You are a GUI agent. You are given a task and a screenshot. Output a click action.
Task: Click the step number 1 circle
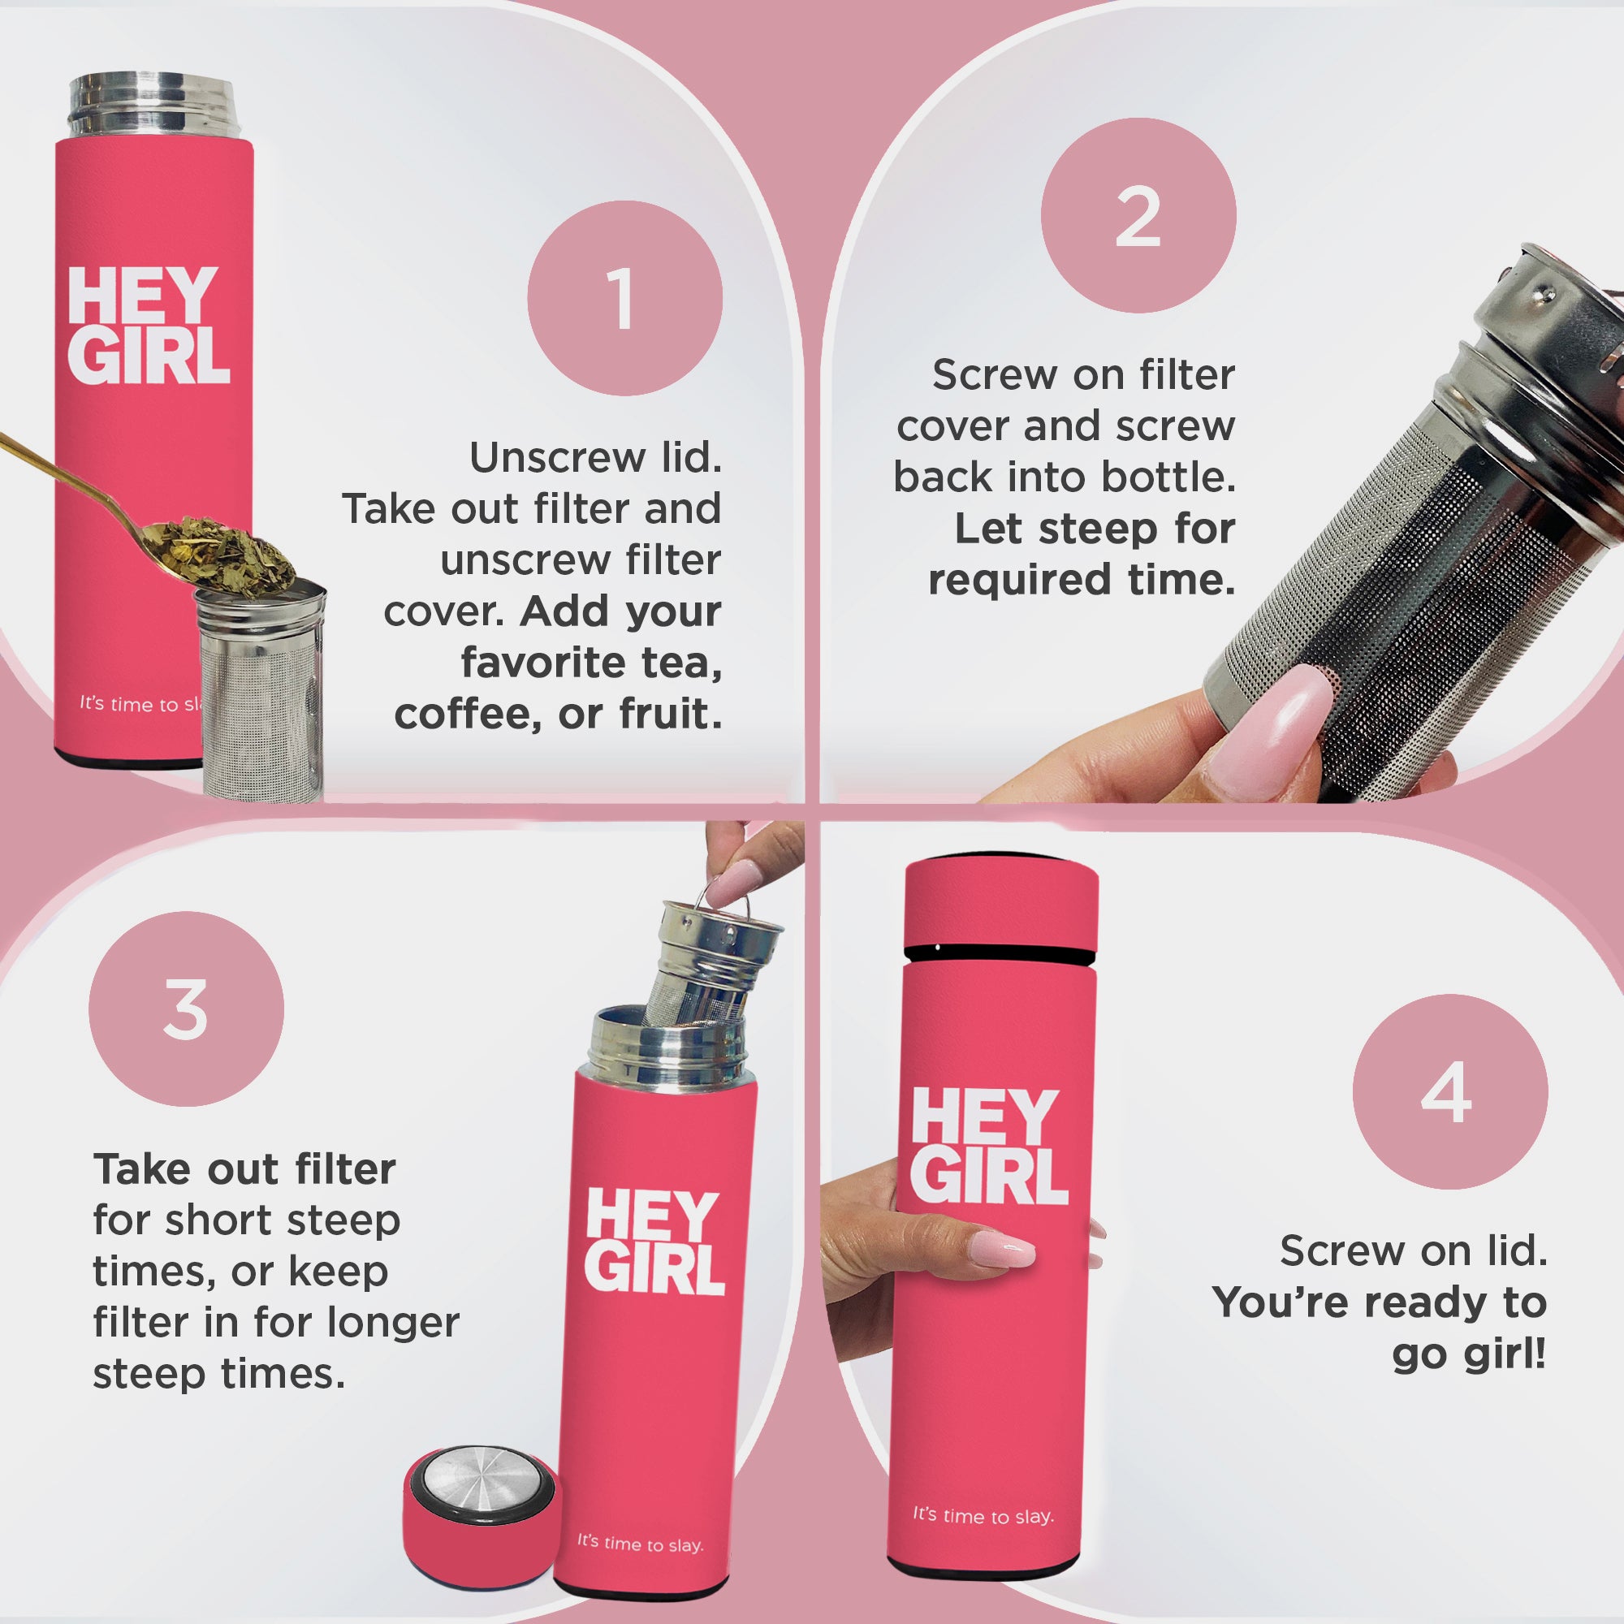click(x=624, y=298)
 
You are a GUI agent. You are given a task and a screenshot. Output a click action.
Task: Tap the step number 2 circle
click(x=1138, y=216)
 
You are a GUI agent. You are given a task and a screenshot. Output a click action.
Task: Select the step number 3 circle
click(x=186, y=1009)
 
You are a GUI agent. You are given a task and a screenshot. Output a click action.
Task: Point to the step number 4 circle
click(x=1450, y=1092)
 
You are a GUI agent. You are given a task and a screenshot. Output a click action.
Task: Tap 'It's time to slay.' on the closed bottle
click(x=983, y=1514)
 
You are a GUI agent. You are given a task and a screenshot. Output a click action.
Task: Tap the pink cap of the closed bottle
click(x=1000, y=907)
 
